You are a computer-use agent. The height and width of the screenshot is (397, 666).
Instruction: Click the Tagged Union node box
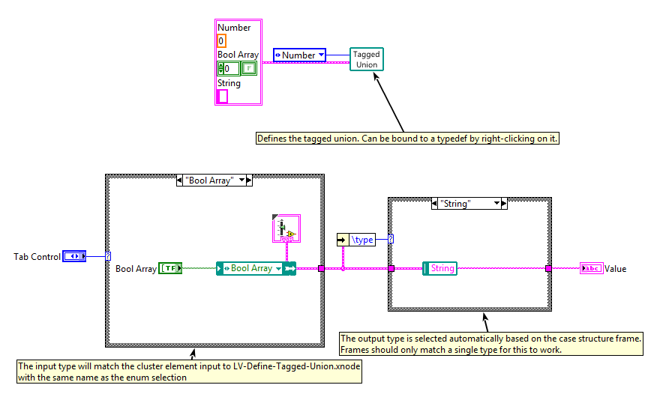pyautogui.click(x=367, y=59)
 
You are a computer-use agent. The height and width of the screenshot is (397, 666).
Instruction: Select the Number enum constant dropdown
pyautogui.click(x=299, y=55)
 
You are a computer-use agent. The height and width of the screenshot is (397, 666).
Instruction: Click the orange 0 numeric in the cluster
pyautogui.click(x=221, y=41)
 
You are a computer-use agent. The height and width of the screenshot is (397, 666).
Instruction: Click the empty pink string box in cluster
pyautogui.click(x=223, y=96)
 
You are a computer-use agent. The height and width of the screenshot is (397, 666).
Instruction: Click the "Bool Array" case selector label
pyautogui.click(x=214, y=181)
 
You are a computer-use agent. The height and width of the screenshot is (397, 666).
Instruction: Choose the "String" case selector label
pyautogui.click(x=469, y=203)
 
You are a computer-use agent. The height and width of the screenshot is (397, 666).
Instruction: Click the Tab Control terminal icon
pyautogui.click(x=74, y=256)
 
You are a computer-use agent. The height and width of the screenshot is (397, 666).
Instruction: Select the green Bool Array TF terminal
pyautogui.click(x=170, y=268)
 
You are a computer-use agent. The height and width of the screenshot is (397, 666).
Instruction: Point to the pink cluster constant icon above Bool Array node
pyautogui.click(x=286, y=228)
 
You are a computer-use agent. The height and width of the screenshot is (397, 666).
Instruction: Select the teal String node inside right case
pyautogui.click(x=439, y=268)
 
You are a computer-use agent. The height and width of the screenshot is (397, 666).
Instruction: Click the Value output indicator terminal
pyautogui.click(x=591, y=268)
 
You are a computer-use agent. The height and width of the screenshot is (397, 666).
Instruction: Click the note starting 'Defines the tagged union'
pyautogui.click(x=408, y=139)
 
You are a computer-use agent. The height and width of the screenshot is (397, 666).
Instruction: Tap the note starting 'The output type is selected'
pyautogui.click(x=491, y=344)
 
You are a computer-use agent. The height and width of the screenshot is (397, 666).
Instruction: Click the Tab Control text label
pyautogui.click(x=37, y=256)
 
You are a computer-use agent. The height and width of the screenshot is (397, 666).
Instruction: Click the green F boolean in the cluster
pyautogui.click(x=249, y=69)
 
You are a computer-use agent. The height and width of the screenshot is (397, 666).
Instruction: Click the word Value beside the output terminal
pyautogui.click(x=616, y=268)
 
